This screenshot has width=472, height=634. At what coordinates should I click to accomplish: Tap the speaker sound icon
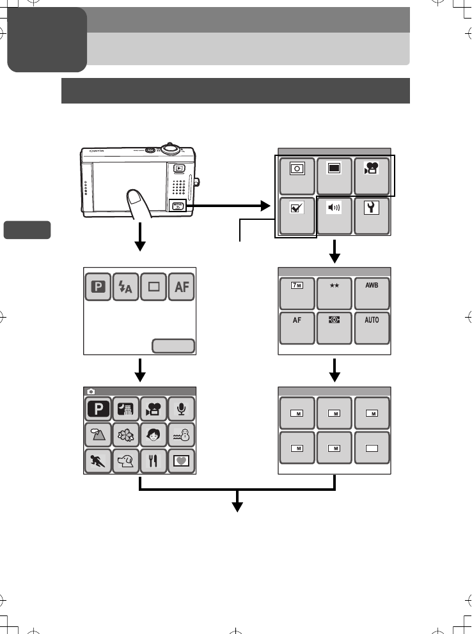[x=335, y=216]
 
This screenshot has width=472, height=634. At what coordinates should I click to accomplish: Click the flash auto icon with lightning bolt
[x=124, y=288]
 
